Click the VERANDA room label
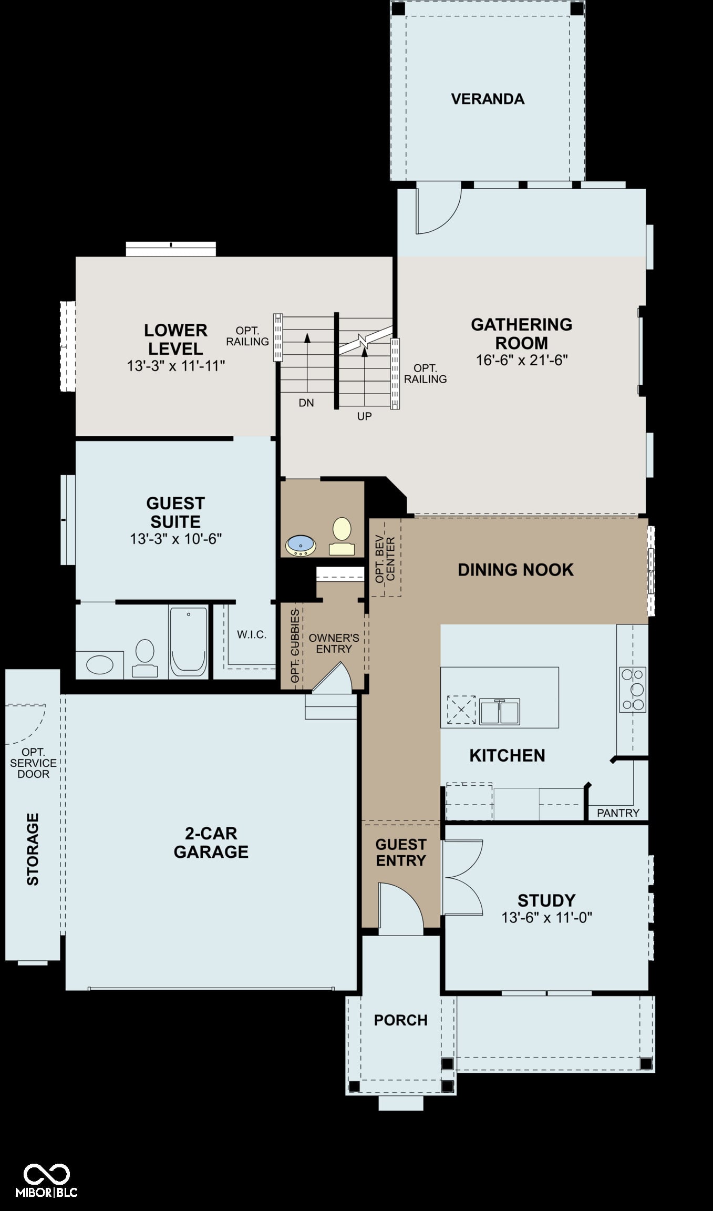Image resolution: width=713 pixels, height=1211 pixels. click(x=488, y=99)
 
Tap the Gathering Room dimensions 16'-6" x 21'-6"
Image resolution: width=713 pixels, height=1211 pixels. click(x=522, y=360)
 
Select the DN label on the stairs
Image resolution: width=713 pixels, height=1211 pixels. click(x=306, y=403)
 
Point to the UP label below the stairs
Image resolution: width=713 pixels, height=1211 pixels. click(x=364, y=416)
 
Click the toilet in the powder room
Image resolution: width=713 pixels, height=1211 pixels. click(x=342, y=536)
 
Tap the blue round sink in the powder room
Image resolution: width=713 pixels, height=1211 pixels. click(x=301, y=546)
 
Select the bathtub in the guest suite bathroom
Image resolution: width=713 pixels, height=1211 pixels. click(x=188, y=641)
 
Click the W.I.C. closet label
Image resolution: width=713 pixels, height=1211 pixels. click(x=252, y=634)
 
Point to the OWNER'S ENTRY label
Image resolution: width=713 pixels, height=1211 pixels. click(x=334, y=643)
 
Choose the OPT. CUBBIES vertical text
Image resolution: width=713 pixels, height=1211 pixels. click(x=295, y=645)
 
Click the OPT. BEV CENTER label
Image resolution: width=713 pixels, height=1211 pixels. click(x=385, y=559)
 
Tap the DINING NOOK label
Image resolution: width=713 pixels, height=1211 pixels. click(x=515, y=570)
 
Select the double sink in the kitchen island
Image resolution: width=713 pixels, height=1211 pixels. click(x=500, y=712)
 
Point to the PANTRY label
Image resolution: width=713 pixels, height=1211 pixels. click(x=618, y=813)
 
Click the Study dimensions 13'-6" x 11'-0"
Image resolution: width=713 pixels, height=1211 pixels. click(x=547, y=917)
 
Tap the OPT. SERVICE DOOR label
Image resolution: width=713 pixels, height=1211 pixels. click(x=33, y=763)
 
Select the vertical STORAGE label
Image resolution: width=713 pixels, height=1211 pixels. click(x=33, y=849)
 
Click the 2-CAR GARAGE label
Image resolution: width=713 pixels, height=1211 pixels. click(x=211, y=843)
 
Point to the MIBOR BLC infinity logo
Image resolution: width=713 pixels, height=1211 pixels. click(x=47, y=1175)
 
